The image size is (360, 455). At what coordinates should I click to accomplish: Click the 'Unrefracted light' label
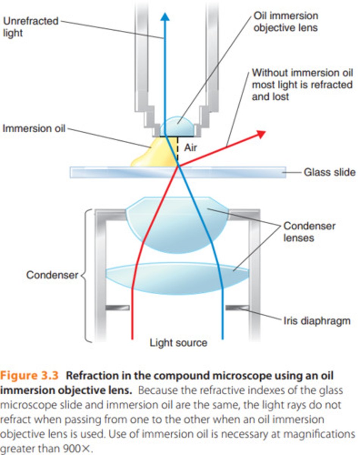pos(31,27)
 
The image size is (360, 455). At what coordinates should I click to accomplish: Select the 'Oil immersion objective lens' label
pos(285,22)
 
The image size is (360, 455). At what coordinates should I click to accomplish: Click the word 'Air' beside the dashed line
pos(191,147)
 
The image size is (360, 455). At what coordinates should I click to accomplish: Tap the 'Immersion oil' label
pos(34,128)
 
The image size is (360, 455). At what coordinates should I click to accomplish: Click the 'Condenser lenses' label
pos(309,232)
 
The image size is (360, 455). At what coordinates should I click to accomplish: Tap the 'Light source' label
pos(178,343)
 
